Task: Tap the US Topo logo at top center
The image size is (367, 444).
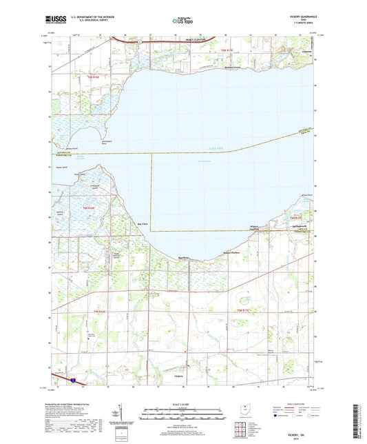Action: (x=182, y=21)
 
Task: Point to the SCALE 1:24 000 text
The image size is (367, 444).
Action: (x=182, y=403)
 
